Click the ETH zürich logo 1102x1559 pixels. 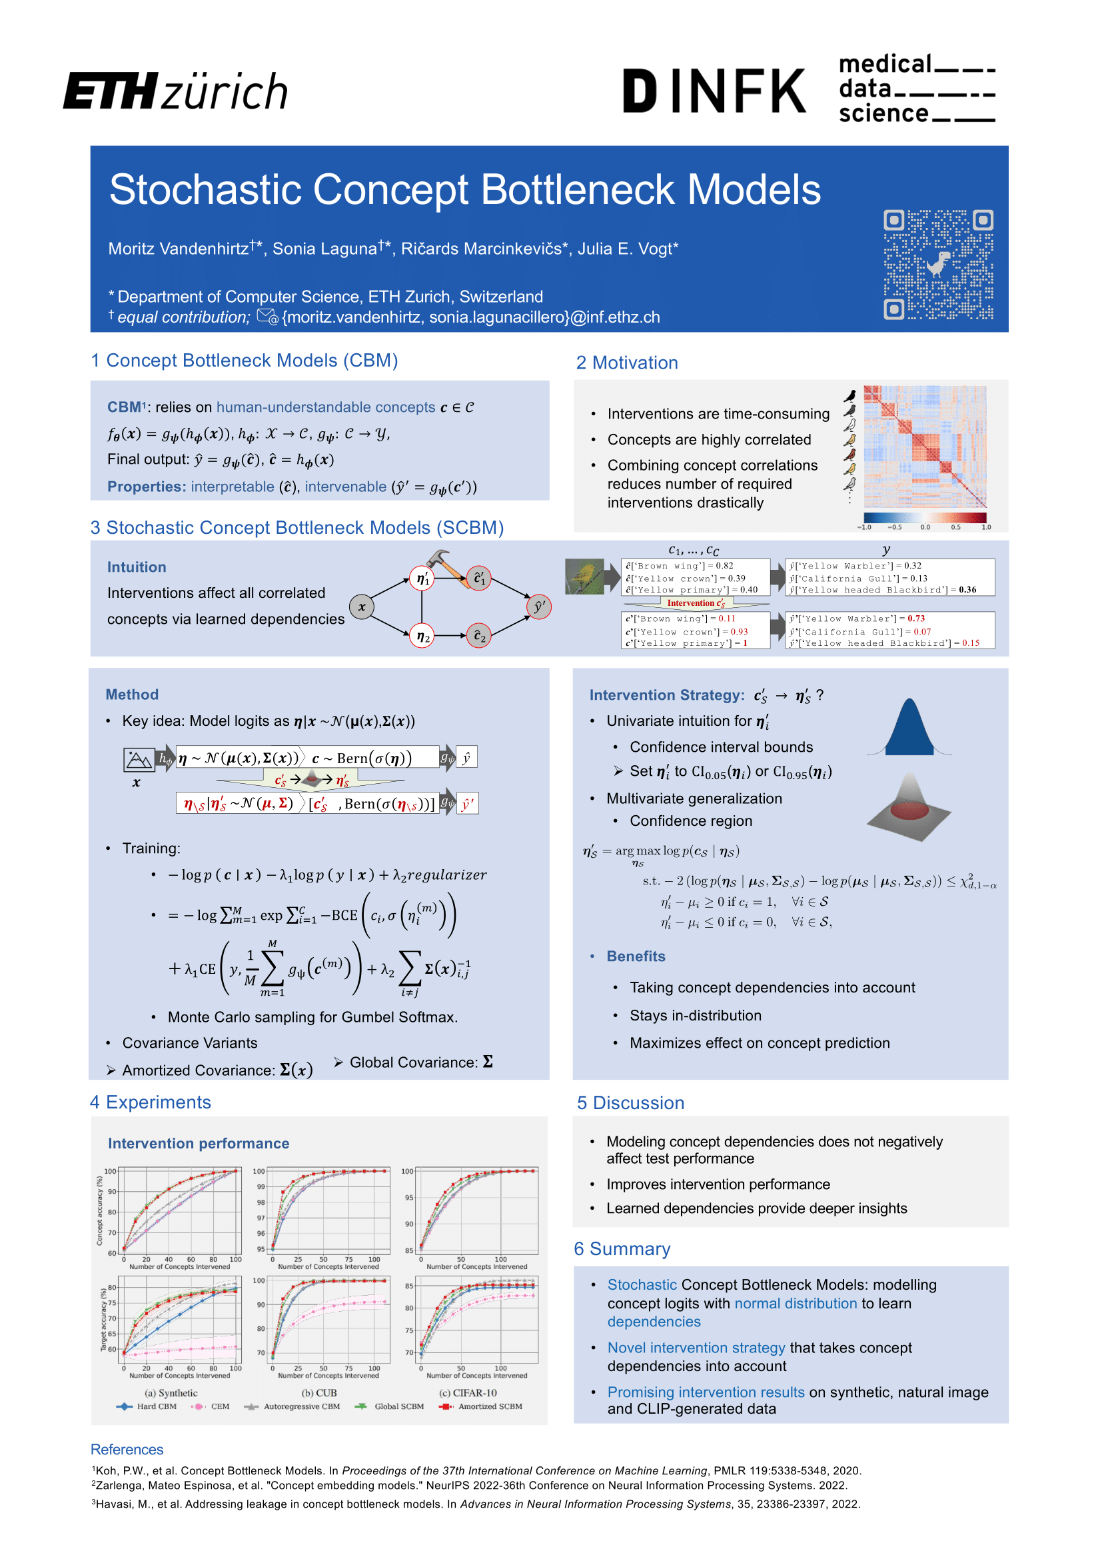pos(175,91)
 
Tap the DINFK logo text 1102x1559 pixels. pos(714,91)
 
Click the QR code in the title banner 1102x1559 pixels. pos(938,264)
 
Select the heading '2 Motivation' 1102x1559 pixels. pos(626,363)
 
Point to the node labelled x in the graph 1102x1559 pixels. pos(362,607)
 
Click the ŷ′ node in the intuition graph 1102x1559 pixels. pos(539,607)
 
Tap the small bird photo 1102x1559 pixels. pos(584,577)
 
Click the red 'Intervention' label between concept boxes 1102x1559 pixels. pos(696,603)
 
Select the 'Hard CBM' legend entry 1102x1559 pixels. pos(147,1406)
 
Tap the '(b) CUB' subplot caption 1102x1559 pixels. pos(319,1392)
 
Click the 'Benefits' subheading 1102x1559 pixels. pos(635,956)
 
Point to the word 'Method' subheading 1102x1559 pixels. pos(132,695)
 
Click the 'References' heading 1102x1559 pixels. pos(127,1450)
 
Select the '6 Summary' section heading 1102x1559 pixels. pos(622,1248)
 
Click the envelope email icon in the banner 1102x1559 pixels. pos(267,317)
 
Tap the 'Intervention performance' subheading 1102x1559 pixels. pos(198,1144)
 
